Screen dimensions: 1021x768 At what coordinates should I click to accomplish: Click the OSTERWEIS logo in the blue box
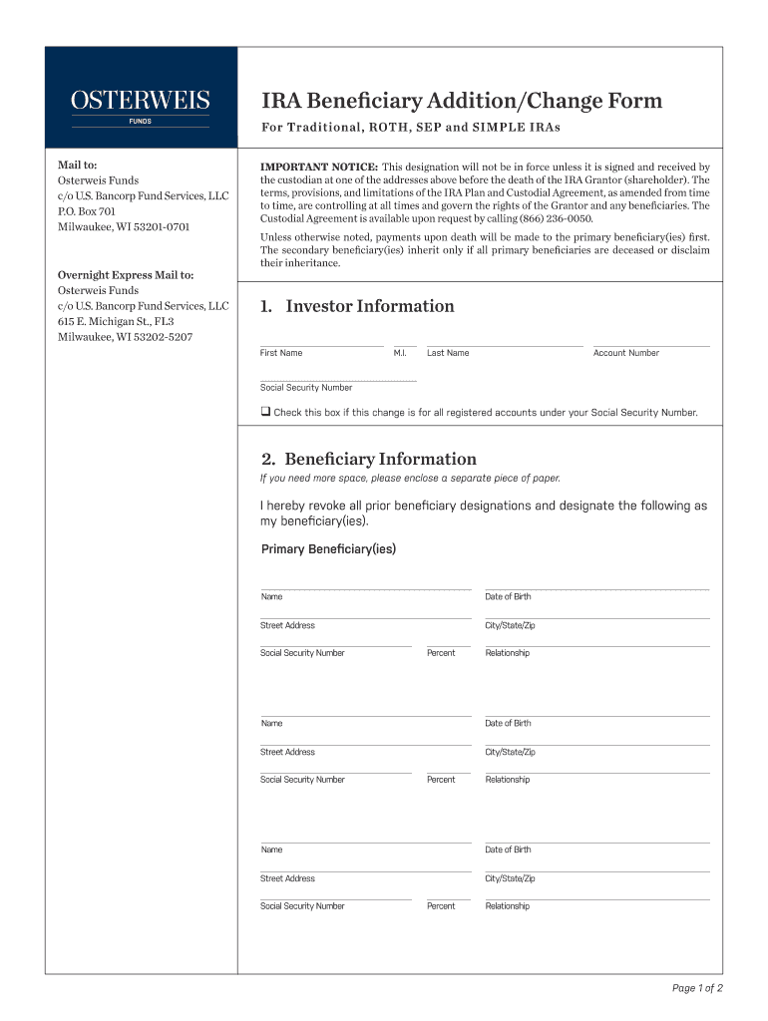click(140, 101)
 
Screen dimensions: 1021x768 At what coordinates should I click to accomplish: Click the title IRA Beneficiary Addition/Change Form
click(461, 101)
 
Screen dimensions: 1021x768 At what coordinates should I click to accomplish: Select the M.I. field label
click(400, 353)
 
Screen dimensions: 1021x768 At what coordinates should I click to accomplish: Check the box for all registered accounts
click(266, 412)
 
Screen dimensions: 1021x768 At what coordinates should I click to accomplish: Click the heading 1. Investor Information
click(357, 306)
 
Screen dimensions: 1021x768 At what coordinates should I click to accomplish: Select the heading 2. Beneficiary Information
click(368, 459)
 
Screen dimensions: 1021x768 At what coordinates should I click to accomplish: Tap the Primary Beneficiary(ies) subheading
click(328, 549)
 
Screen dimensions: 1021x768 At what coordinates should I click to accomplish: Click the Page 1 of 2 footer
click(697, 988)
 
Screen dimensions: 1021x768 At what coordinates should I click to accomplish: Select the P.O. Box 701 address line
click(87, 211)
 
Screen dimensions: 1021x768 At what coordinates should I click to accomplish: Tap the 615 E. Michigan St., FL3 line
click(116, 321)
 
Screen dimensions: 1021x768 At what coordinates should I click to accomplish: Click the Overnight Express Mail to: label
click(126, 274)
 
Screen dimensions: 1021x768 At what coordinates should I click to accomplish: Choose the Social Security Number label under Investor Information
click(306, 388)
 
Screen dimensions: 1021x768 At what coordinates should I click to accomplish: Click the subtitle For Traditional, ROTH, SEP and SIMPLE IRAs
click(411, 128)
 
